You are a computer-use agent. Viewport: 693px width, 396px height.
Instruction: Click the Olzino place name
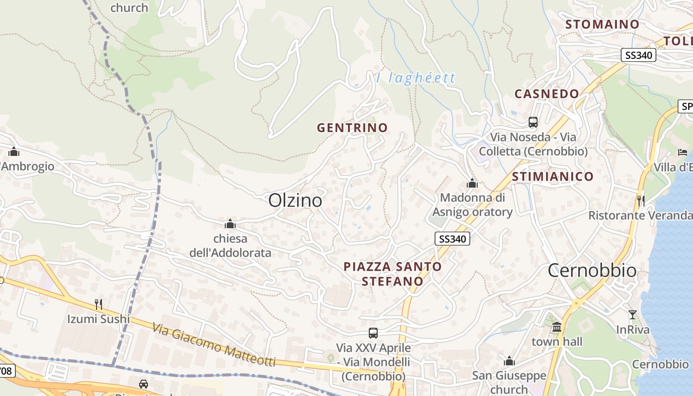295,200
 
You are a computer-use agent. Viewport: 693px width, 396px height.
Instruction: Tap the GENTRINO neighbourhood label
352,128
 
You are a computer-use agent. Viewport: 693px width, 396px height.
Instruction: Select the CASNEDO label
546,94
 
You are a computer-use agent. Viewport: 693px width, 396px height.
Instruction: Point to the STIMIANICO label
552,177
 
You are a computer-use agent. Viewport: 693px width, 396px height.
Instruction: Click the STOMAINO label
602,24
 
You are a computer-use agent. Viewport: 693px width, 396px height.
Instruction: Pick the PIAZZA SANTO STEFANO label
393,274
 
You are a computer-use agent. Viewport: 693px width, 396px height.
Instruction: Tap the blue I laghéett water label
416,78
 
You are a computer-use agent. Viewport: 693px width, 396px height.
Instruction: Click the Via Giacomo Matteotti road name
214,345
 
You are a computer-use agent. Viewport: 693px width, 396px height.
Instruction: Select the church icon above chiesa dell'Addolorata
230,224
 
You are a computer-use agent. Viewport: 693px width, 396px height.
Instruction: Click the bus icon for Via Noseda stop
533,122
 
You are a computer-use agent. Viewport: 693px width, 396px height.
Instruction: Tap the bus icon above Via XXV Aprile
373,333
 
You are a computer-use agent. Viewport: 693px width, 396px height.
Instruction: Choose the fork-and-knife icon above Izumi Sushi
99,304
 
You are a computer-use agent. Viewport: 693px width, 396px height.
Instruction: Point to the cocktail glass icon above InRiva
632,314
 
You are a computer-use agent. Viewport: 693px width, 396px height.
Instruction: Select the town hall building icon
557,327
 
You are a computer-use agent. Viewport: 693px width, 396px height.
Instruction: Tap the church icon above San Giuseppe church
509,361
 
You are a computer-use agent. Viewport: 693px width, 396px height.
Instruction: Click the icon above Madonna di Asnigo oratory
472,183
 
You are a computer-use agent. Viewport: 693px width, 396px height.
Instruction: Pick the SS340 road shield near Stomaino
638,55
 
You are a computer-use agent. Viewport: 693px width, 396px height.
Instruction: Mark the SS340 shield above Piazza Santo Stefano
452,239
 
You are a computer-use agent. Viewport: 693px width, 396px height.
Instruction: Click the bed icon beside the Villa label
683,152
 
